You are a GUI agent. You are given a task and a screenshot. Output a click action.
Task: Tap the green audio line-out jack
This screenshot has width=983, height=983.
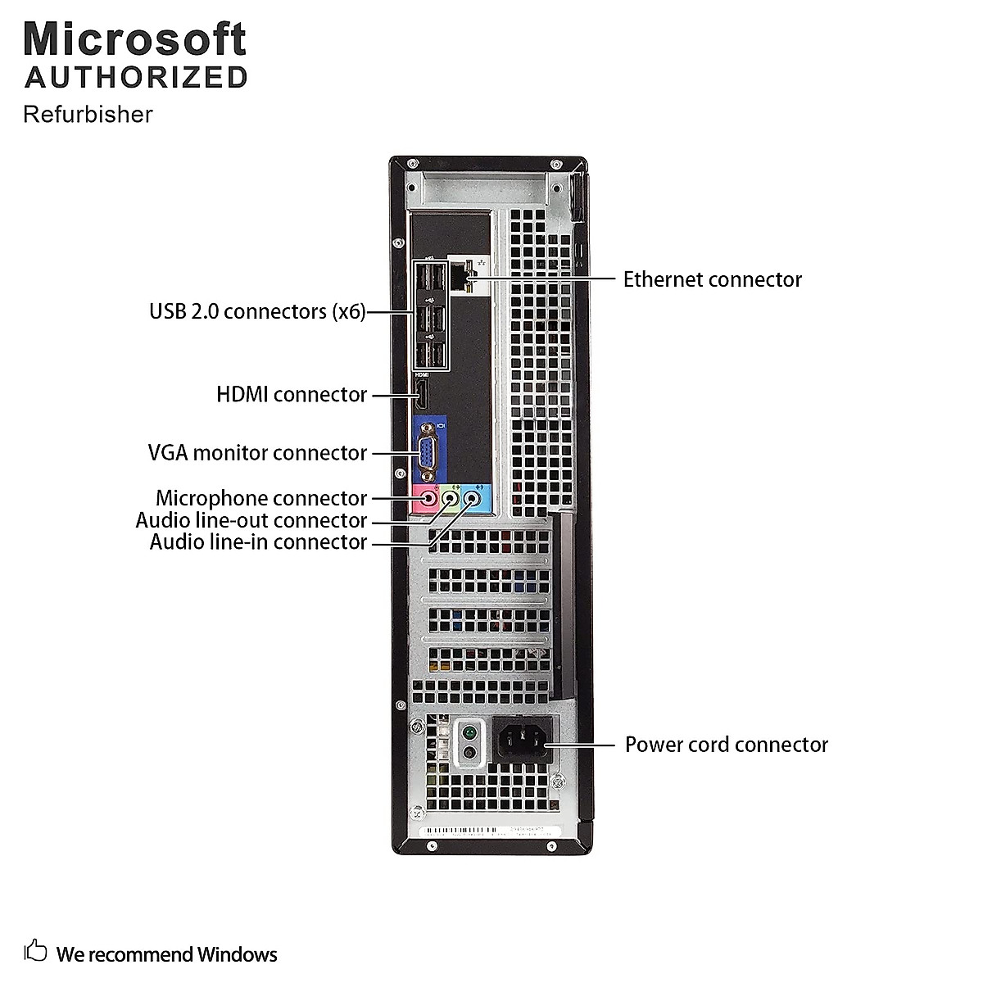point(450,497)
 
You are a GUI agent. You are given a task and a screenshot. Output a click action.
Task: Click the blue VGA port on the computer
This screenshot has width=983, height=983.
point(428,451)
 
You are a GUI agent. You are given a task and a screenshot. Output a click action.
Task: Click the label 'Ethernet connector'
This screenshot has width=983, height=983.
point(712,279)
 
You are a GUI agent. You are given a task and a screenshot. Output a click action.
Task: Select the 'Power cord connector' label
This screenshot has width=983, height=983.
point(726,745)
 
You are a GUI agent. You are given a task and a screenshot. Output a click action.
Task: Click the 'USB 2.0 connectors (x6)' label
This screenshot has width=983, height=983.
point(257,311)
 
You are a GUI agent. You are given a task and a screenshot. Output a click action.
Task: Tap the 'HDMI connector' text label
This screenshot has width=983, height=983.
point(291,395)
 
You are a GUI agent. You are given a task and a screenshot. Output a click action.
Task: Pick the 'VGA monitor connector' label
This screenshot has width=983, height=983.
point(257,453)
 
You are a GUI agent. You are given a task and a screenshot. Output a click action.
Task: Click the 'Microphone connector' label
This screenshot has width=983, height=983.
point(260,498)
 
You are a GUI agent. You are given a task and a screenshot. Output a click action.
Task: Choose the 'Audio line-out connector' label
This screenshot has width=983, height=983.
point(251,520)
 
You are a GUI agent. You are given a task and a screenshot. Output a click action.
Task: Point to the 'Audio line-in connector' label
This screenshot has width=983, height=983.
point(257,542)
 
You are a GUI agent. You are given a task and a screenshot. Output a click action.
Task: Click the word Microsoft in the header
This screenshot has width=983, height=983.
point(134,39)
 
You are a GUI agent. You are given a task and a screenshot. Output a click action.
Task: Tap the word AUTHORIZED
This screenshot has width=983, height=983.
point(136,77)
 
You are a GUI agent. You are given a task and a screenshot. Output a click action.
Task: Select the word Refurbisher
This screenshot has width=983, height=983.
point(88,114)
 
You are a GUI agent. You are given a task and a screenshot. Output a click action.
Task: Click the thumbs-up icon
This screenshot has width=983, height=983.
point(35,953)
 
